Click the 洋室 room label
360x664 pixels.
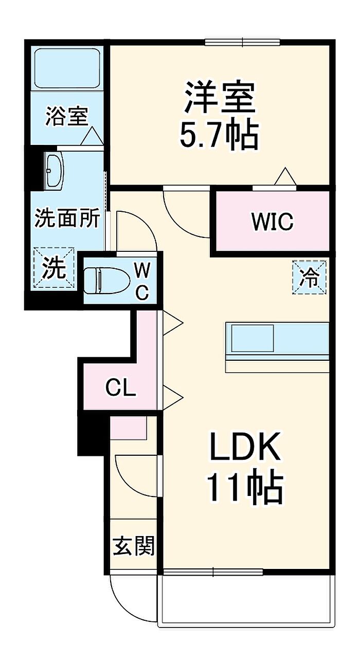[x=220, y=98]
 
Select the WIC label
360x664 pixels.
[x=273, y=222]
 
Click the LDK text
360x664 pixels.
[x=244, y=447]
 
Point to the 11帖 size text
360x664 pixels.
[x=245, y=488]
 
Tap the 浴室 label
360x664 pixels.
[x=67, y=117]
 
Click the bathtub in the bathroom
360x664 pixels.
[x=67, y=68]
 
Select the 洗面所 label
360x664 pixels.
[x=67, y=218]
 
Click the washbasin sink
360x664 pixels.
[x=55, y=171]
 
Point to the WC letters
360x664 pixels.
[x=142, y=281]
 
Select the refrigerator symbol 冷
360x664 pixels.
[x=310, y=278]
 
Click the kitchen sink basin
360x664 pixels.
[x=253, y=338]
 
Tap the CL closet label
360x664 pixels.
[x=121, y=388]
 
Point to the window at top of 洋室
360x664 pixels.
[x=243, y=42]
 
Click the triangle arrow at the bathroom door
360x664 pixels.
[x=92, y=136]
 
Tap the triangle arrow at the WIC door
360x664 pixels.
[x=285, y=176]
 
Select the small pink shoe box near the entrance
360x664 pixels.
[x=129, y=428]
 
